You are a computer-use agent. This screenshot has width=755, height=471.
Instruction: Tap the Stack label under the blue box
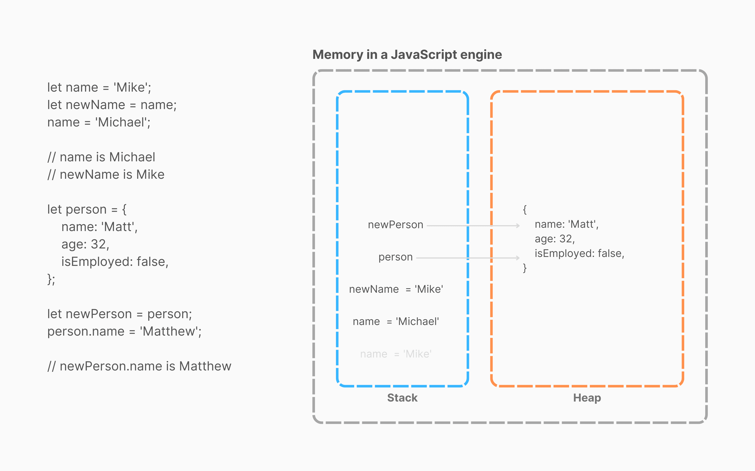402,398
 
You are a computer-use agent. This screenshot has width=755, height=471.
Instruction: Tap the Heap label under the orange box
587,398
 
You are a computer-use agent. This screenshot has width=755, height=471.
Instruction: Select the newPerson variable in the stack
395,225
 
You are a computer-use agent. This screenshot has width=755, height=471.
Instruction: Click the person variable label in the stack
395,257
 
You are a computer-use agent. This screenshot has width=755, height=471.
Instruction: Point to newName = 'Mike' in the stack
396,289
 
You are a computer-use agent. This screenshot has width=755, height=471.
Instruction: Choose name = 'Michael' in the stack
396,321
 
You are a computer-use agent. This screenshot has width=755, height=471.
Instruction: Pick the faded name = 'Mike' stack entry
396,354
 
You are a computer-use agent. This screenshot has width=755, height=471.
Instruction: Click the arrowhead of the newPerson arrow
518,226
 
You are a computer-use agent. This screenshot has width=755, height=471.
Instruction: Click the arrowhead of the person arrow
518,258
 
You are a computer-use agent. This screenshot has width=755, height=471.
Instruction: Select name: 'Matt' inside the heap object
566,224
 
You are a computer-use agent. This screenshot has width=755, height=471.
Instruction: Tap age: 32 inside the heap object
554,239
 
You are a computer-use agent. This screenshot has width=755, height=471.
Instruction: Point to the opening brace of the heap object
525,209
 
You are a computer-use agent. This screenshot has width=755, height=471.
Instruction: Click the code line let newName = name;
112,105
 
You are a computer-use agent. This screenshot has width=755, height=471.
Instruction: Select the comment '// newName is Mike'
106,175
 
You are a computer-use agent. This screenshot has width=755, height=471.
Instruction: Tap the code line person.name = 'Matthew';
124,331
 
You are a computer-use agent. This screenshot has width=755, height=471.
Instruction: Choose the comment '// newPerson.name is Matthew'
139,366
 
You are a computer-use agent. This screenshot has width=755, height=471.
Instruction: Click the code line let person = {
87,209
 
